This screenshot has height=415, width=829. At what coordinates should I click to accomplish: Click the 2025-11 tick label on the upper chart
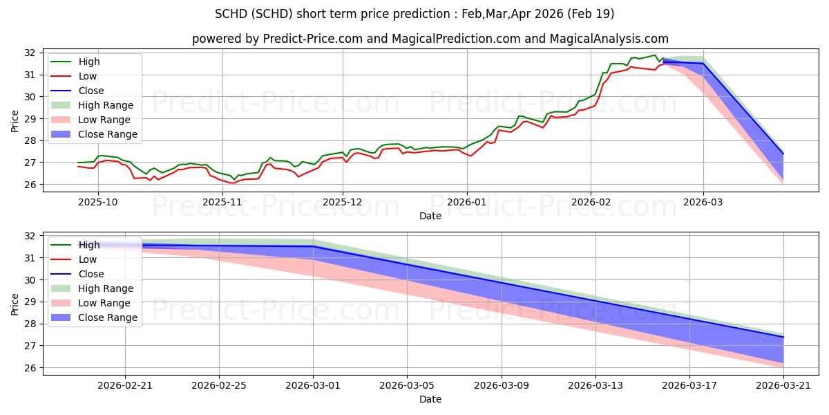(x=222, y=202)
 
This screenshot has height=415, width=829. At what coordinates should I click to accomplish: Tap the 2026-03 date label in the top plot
(x=703, y=202)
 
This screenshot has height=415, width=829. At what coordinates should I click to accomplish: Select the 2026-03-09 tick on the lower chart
(x=502, y=386)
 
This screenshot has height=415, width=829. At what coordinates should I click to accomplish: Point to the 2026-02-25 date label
(x=219, y=386)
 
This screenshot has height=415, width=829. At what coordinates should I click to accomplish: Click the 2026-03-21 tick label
(x=783, y=386)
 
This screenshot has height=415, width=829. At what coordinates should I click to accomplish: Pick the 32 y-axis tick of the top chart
(x=30, y=53)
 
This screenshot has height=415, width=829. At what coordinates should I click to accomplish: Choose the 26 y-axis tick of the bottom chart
(x=30, y=368)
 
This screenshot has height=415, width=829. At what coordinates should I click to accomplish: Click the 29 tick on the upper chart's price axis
(x=30, y=119)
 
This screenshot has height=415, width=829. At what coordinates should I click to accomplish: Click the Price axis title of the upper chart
(x=15, y=121)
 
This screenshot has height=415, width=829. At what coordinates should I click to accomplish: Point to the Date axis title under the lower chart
(x=430, y=399)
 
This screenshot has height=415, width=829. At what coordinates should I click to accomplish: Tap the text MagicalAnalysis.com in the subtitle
(x=609, y=39)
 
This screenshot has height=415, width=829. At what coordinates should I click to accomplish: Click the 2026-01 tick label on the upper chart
(x=467, y=202)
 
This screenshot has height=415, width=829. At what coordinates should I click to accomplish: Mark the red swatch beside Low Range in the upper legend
(x=61, y=120)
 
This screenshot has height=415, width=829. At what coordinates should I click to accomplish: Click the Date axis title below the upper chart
(x=430, y=216)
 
